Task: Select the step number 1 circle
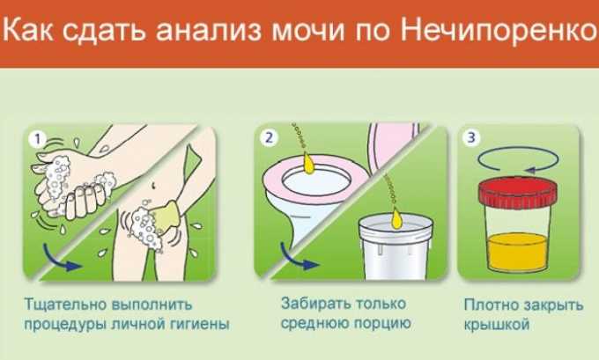37,139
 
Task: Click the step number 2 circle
270,137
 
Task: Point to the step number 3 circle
472,137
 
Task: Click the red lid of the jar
518,193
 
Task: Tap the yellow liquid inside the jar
518,252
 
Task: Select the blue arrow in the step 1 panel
61,259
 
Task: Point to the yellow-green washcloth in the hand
166,217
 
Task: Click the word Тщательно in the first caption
65,305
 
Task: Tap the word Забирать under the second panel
314,304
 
